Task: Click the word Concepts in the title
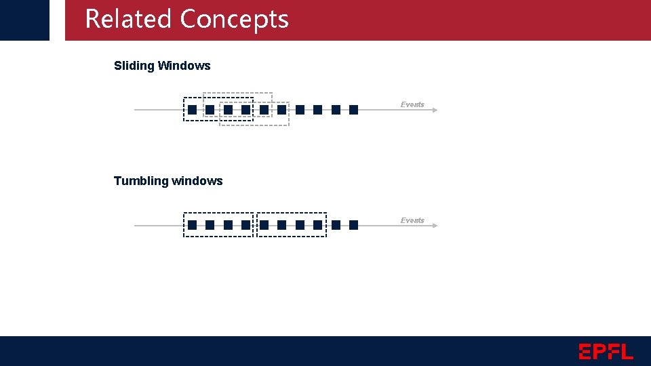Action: point(235,19)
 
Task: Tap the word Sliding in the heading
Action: point(134,66)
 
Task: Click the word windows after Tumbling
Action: point(197,181)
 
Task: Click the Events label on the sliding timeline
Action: point(412,104)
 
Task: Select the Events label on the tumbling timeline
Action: point(412,220)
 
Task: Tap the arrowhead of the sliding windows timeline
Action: point(435,110)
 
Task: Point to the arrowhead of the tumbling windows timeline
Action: point(435,226)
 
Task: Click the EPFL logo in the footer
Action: point(606,351)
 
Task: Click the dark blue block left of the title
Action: point(24,20)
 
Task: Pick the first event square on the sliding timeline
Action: point(193,110)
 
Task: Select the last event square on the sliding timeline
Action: point(353,110)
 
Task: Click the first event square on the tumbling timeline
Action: point(193,225)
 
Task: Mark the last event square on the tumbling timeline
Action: point(353,225)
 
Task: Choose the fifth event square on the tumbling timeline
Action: point(264,225)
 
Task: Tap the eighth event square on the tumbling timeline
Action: point(318,225)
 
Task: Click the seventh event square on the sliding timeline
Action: point(300,110)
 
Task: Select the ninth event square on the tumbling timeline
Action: point(336,225)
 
